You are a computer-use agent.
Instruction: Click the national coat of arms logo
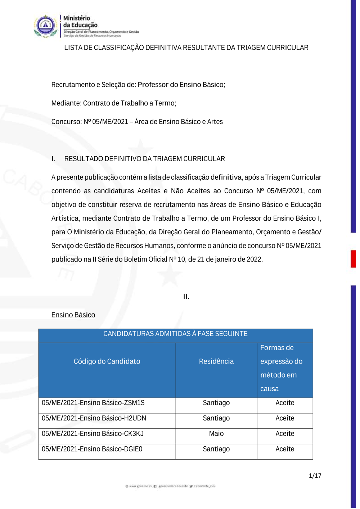[x=45, y=26]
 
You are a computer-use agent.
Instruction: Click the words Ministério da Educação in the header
[x=80, y=22]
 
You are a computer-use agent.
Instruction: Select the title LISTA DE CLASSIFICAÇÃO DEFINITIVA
[x=186, y=48]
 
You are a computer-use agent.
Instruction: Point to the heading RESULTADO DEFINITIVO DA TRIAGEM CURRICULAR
[x=144, y=159]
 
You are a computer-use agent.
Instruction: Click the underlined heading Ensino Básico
[x=73, y=315]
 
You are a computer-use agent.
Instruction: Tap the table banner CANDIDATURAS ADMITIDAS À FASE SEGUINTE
[x=175, y=334]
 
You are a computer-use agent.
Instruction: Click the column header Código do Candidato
[x=107, y=361]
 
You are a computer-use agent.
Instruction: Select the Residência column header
[x=216, y=361]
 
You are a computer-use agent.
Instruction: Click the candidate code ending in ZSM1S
[x=93, y=403]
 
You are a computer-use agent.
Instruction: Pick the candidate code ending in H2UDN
[x=94, y=418]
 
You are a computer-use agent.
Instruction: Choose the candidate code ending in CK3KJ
[x=93, y=434]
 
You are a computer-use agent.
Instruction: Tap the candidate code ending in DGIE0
[x=92, y=449]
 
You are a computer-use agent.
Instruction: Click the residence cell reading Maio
[x=216, y=434]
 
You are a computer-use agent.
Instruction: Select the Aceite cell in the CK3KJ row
[x=285, y=434]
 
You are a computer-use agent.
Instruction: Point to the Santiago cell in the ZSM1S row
[x=216, y=403]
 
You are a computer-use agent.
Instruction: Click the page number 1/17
[x=315, y=476]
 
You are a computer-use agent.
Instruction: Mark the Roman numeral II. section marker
[x=186, y=297]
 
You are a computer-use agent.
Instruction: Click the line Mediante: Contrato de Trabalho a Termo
[x=114, y=103]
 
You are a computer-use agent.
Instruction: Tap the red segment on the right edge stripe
[x=353, y=259]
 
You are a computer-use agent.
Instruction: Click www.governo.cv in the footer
[x=140, y=486]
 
